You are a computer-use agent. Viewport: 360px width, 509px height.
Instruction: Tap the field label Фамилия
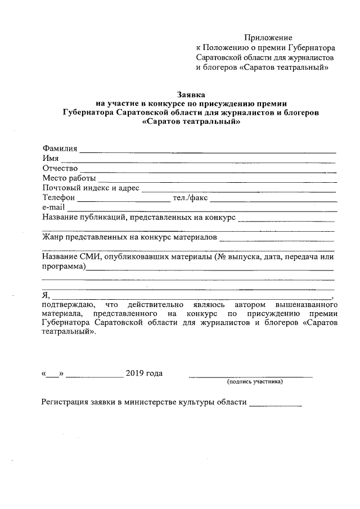[x=60, y=148]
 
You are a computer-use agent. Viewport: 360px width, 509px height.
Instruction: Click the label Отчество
[x=60, y=168]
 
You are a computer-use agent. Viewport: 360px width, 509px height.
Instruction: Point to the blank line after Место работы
[x=217, y=182]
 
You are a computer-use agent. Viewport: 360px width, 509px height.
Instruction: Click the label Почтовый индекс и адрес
[x=91, y=188]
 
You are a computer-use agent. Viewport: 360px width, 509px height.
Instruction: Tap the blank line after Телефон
[x=123, y=200]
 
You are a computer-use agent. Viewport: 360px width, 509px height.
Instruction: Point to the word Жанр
[x=53, y=238]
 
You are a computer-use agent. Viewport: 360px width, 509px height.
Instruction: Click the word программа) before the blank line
[x=64, y=267]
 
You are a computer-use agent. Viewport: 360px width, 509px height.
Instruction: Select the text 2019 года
[x=145, y=373]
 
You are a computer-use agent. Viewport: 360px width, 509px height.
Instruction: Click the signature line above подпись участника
[x=250, y=376]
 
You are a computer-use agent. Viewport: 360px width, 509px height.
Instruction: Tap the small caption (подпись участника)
[x=255, y=382]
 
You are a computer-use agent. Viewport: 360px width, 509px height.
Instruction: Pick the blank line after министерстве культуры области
[x=275, y=405]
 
